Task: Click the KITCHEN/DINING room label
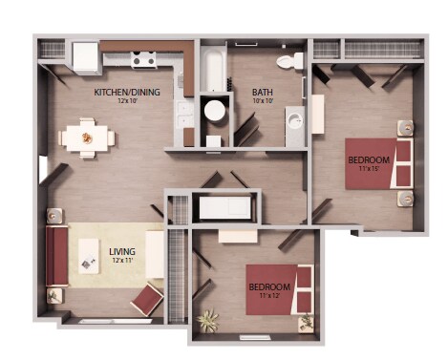click(126, 92)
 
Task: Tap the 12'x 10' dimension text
click(126, 101)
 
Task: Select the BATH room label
click(237, 92)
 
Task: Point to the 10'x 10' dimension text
click(237, 101)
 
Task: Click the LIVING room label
click(122, 251)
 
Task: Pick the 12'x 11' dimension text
click(122, 261)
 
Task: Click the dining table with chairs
click(87, 138)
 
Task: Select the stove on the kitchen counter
click(144, 60)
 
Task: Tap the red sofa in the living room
click(57, 256)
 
